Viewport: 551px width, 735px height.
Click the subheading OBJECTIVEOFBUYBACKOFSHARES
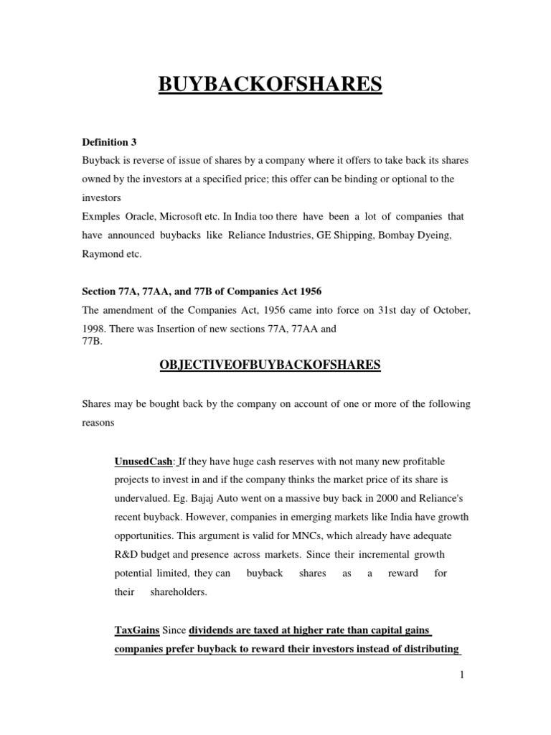coord(270,366)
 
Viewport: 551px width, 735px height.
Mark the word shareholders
coord(176,592)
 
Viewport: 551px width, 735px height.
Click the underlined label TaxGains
coord(137,629)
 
